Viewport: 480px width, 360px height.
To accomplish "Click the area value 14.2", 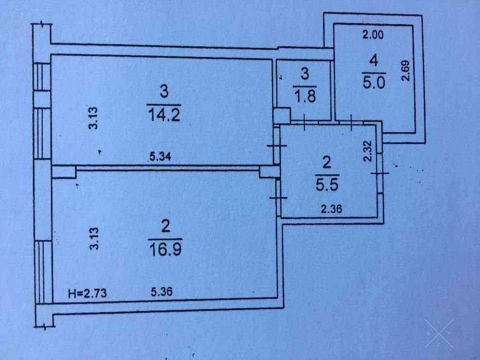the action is pos(164,115).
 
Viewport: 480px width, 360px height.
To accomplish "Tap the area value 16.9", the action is pos(165,249).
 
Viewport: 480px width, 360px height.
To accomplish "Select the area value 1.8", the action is pos(305,96).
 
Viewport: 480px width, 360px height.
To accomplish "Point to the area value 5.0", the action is pos(374,82).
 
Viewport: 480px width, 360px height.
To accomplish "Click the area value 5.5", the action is pos(327,185).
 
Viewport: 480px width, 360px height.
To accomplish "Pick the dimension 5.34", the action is pos(161,157).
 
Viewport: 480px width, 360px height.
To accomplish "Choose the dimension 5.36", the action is pos(162,292).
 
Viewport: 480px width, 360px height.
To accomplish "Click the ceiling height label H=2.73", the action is pos(87,293).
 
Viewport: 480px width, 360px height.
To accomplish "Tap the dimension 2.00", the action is pos(373,34).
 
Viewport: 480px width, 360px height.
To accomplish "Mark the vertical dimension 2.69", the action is pos(405,71).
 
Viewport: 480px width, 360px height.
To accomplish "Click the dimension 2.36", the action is pos(331,209).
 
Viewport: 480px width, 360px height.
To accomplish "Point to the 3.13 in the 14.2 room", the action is pos(93,118).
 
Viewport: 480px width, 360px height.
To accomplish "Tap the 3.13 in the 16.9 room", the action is pos(94,239).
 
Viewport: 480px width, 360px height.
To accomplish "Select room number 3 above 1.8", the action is pos(305,74).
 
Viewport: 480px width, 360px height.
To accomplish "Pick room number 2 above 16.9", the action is pos(166,227).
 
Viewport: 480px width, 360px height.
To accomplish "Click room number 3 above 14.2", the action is pos(165,92).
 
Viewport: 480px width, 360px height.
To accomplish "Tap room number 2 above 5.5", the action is pos(327,163).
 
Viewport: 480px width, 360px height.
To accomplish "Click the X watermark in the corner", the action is pos(439,334).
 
